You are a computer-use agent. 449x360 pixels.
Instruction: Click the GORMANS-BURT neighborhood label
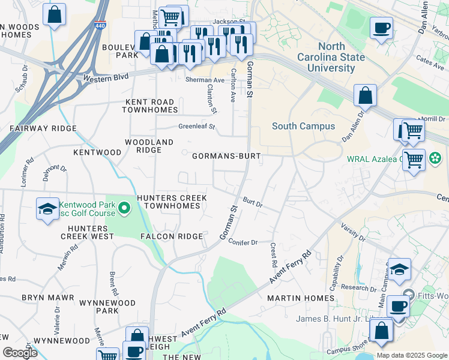pos(226,156)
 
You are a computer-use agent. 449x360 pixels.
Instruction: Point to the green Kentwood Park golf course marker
pos(124,209)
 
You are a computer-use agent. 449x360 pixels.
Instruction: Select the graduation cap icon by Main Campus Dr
pos(399,270)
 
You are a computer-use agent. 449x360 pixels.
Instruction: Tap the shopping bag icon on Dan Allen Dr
pos(365,95)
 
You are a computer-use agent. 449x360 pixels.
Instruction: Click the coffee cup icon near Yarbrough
pos(381,28)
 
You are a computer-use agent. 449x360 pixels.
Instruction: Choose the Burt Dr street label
pos(253,203)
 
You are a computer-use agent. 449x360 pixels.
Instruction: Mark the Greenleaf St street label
pos(196,127)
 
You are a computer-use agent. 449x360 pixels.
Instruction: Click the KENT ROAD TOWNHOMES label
pos(150,106)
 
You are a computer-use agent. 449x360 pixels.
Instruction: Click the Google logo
pos(20,353)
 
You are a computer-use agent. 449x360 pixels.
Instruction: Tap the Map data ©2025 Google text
pos(411,355)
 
